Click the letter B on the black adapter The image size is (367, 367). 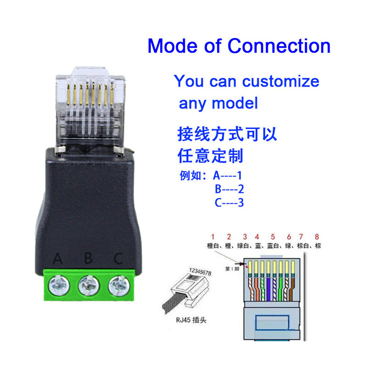(89, 259)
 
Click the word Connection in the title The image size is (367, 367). (279, 46)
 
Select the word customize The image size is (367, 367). (281, 81)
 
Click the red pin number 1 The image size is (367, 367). (212, 237)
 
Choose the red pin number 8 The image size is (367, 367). (316, 237)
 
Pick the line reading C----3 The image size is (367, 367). (228, 202)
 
